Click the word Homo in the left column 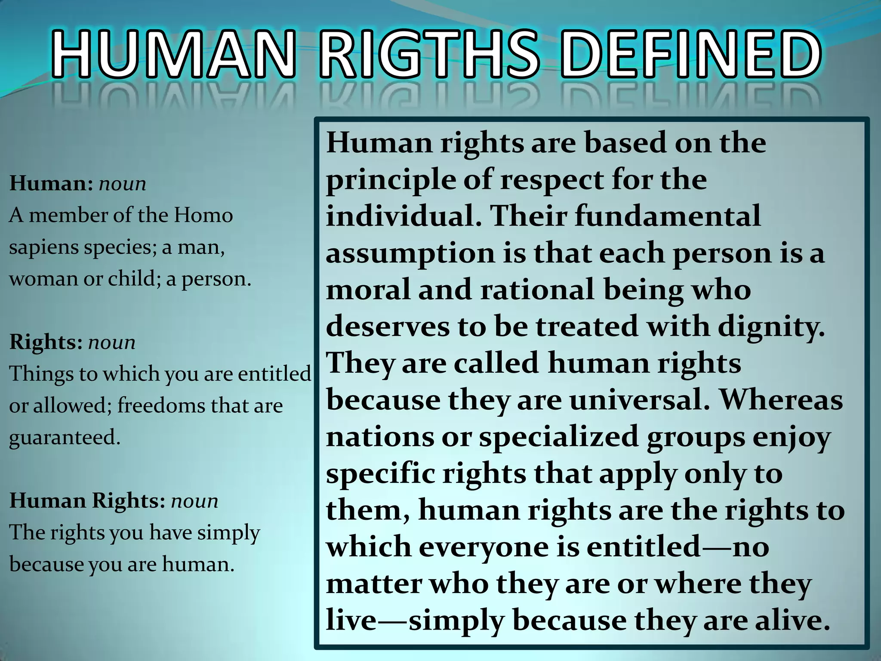(x=203, y=215)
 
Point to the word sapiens (x=43, y=247)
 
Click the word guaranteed (x=65, y=438)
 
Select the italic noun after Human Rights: (x=194, y=501)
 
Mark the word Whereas (x=781, y=400)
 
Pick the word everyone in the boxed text (x=484, y=547)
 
